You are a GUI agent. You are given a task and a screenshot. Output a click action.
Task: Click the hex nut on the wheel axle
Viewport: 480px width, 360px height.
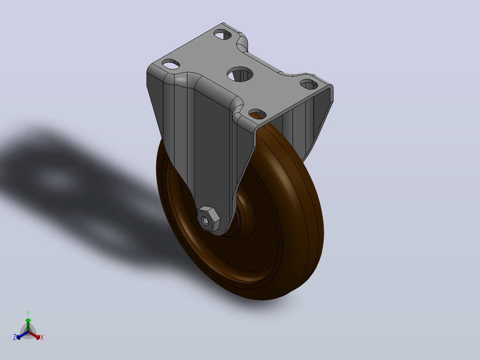208,219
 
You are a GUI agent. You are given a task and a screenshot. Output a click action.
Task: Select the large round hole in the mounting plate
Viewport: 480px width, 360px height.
240,74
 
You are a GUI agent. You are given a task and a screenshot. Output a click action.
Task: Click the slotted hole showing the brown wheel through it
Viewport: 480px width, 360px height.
257,114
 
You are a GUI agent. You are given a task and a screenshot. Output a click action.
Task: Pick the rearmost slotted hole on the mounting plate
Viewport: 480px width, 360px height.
223,34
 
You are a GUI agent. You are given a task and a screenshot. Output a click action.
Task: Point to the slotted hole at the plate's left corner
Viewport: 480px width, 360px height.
171,64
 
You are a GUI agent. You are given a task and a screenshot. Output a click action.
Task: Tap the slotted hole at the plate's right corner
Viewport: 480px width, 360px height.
309,84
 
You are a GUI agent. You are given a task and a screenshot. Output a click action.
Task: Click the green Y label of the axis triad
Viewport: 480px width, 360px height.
28,314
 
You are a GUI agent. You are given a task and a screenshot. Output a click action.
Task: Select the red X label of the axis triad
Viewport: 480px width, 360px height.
42,337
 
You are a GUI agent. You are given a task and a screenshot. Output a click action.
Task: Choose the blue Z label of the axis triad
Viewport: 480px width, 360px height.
15,337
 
